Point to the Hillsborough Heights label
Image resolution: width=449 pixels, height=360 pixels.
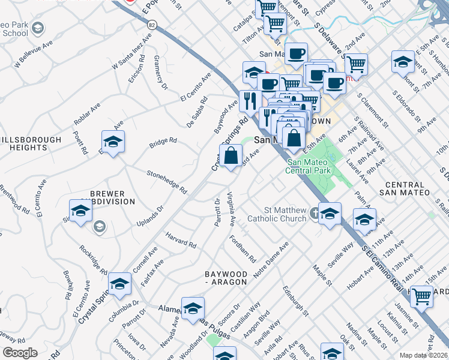[x=31, y=143]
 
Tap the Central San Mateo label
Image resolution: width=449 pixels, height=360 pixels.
[x=405, y=188]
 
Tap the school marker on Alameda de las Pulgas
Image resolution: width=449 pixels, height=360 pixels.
[x=193, y=308]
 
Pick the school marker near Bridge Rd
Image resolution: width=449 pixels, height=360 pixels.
[x=112, y=142]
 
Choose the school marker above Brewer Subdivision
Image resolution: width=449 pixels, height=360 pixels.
[x=81, y=211]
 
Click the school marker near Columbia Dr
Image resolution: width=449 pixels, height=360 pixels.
[x=119, y=284]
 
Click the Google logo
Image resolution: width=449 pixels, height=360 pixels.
[x=20, y=353]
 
